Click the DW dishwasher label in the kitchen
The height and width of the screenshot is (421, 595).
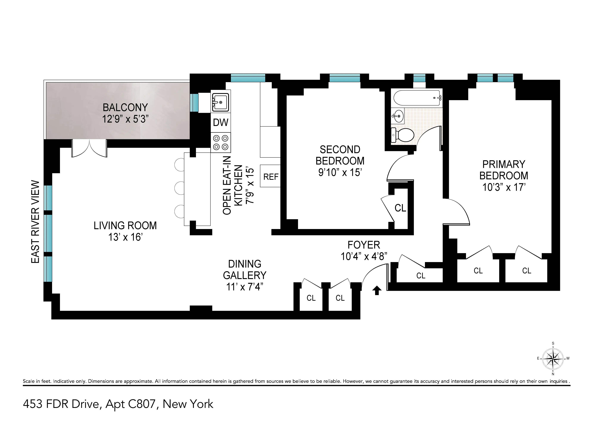221,122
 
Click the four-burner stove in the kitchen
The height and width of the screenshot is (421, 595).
221,143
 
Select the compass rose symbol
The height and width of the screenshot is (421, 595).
553,359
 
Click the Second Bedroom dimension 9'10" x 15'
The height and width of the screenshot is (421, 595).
340,172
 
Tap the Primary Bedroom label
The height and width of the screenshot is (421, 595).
503,170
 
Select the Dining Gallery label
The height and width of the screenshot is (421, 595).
245,270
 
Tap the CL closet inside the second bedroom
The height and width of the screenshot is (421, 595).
400,208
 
